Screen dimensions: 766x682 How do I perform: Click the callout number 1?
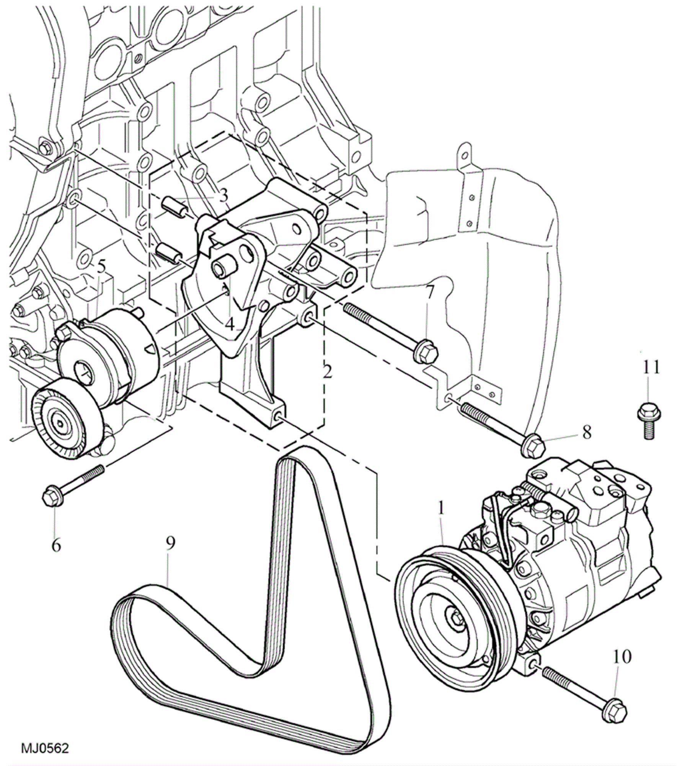[x=441, y=509]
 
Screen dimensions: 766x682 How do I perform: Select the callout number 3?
[x=223, y=195]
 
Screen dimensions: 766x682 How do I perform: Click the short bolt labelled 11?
[x=648, y=424]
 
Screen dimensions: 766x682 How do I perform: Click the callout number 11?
[x=651, y=367]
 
